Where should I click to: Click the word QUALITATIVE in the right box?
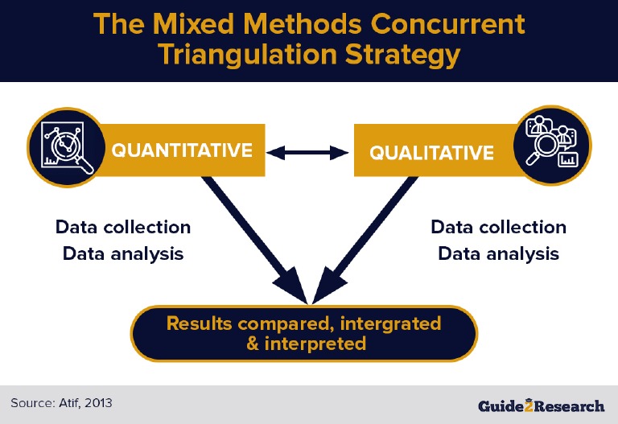pyautogui.click(x=431, y=152)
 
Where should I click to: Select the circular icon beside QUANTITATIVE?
pyautogui.click(x=68, y=145)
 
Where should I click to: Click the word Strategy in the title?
pyautogui.click(x=407, y=55)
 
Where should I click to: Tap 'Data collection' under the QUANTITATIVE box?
pyautogui.click(x=123, y=227)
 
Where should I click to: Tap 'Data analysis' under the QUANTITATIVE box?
pyautogui.click(x=123, y=253)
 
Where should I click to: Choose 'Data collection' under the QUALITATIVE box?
pyautogui.click(x=498, y=227)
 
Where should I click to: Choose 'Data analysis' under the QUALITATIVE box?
pyautogui.click(x=498, y=253)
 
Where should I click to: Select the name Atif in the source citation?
pyautogui.click(x=70, y=401)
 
